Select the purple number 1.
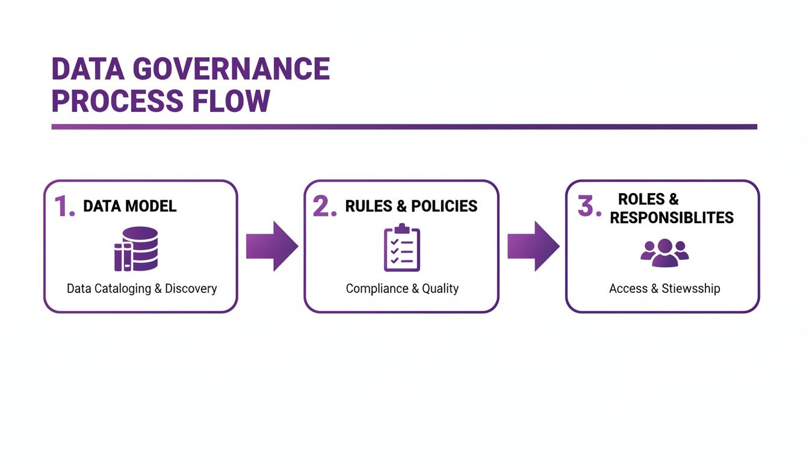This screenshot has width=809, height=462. click(64, 206)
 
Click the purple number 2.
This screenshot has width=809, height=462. click(324, 206)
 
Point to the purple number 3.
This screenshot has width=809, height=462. click(589, 206)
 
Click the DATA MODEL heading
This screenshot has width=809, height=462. click(129, 206)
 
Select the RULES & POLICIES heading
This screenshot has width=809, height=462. click(411, 206)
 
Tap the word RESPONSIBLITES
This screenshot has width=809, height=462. click(672, 218)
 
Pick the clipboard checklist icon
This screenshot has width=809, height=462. click(402, 247)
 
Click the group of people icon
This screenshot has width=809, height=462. click(665, 253)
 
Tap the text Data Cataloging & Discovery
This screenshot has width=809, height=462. click(141, 289)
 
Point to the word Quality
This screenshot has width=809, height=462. click(440, 289)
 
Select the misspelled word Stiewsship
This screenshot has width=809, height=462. click(690, 289)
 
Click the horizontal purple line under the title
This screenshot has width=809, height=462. click(404, 127)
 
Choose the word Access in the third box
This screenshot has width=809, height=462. click(628, 289)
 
